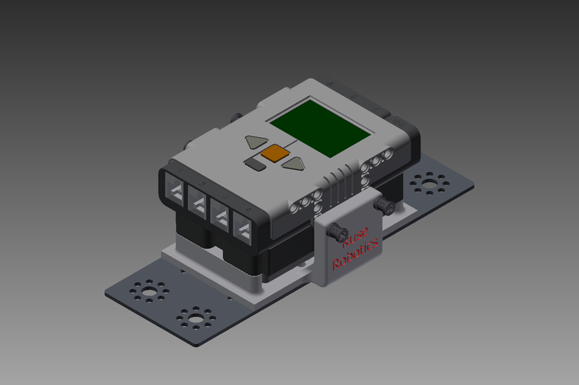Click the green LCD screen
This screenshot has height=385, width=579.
point(321,126)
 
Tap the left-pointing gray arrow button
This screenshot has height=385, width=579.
point(256,142)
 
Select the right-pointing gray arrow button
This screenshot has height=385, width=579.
point(294,163)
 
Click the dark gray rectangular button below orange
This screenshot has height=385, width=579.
point(254,164)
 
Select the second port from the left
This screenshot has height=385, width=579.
point(198,202)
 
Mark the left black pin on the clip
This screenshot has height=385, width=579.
point(337,233)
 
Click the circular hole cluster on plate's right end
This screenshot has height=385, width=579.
point(429,182)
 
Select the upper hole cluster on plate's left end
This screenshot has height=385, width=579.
point(149,291)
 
